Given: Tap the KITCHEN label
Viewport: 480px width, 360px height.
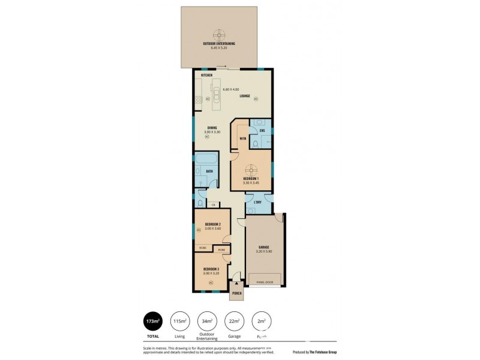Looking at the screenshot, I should pos(206,75).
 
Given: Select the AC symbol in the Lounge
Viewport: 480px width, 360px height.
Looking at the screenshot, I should pos(255,99).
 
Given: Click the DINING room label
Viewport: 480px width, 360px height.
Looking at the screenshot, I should pos(212,127).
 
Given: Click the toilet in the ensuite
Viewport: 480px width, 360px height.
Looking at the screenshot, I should pos(256,143).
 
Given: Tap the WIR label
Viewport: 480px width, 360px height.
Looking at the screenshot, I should pos(243,139).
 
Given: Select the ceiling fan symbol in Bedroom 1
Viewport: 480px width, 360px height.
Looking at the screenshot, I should pos(251,169).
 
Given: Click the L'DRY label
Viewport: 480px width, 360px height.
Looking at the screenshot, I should pos(257,202).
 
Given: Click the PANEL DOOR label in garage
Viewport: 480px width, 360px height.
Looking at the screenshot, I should pos(263,281).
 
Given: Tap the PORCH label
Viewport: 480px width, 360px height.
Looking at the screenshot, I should pos(237,294).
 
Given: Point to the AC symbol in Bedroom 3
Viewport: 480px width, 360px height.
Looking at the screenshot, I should pos(211,282).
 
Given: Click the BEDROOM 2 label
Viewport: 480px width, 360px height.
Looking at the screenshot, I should pos(212,224).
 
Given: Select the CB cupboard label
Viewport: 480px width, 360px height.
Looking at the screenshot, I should pos(213,205).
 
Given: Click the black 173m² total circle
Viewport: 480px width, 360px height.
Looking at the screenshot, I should pos(153,322).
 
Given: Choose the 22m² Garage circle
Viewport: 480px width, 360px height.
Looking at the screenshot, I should pos(234,322).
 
